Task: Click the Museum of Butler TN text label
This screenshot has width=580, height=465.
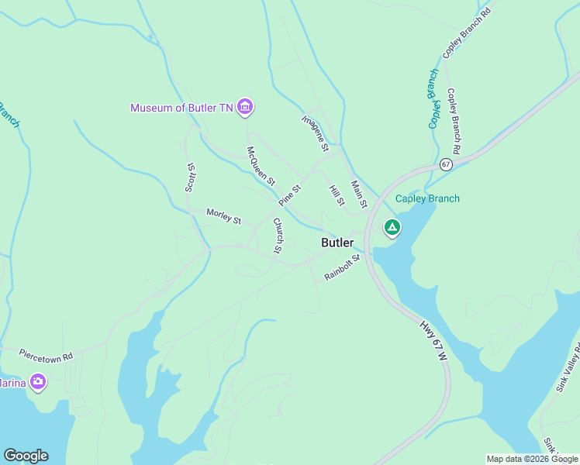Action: click(181, 108)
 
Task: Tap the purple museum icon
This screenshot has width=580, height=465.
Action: click(245, 107)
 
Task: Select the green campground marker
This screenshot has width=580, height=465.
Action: click(392, 228)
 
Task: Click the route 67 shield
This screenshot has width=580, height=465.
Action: click(445, 164)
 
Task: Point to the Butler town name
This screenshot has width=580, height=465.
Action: click(337, 243)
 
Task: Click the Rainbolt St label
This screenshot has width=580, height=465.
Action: click(343, 267)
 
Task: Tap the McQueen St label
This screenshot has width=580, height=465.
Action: click(261, 165)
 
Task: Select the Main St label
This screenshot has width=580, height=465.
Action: click(358, 194)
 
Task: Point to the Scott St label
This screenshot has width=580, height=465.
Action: click(189, 177)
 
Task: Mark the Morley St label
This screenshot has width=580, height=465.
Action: click(223, 216)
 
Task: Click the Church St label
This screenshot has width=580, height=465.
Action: click(277, 236)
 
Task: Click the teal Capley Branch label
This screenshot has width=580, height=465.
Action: click(427, 198)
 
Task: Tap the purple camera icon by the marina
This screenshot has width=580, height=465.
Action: click(38, 381)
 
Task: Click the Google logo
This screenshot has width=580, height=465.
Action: click(26, 456)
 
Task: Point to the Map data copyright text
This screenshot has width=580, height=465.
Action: click(532, 459)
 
